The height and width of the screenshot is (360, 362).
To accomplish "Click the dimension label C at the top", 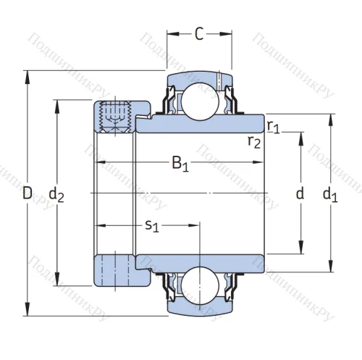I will click(199, 33).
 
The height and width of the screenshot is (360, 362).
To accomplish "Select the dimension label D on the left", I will click(28, 193).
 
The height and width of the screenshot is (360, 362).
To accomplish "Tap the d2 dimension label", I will click(56, 193).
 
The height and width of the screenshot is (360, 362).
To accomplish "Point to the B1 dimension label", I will click(180, 164).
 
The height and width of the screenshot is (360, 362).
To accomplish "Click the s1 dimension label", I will click(152, 226).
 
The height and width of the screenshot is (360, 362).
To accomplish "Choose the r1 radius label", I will click(272, 127).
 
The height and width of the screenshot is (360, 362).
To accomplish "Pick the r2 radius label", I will click(253, 141).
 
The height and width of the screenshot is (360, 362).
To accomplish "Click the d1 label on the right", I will click(330, 193).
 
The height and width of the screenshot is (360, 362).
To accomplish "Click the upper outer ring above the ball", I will click(199, 77).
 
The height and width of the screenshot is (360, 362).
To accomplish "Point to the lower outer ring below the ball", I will click(199, 308).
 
